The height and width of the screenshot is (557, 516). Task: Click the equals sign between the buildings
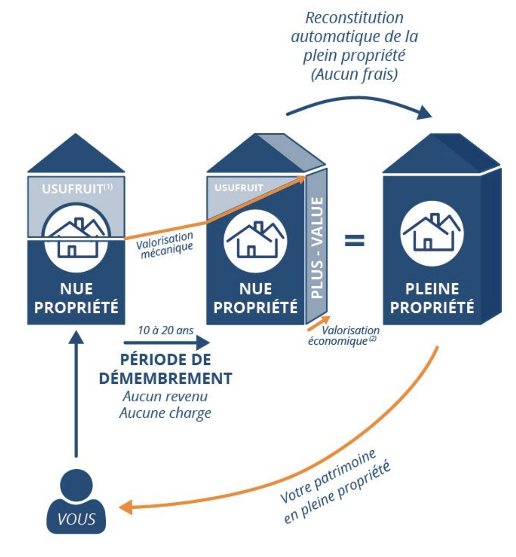pos(355,240)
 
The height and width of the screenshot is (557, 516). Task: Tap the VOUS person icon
pos(76,503)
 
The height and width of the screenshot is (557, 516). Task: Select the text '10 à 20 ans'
pos(166,330)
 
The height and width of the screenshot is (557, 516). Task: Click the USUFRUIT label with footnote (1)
pos(77,189)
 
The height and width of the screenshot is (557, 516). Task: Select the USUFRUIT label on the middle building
pos(239,188)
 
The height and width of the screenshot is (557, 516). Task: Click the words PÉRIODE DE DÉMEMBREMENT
pos(166,369)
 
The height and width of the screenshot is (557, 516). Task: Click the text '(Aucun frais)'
pos(355,74)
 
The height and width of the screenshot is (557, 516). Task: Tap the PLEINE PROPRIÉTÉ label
pos(432,298)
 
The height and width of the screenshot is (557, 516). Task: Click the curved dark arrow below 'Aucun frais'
pos(359,104)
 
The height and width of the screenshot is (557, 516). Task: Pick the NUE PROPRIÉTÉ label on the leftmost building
pos(76,298)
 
